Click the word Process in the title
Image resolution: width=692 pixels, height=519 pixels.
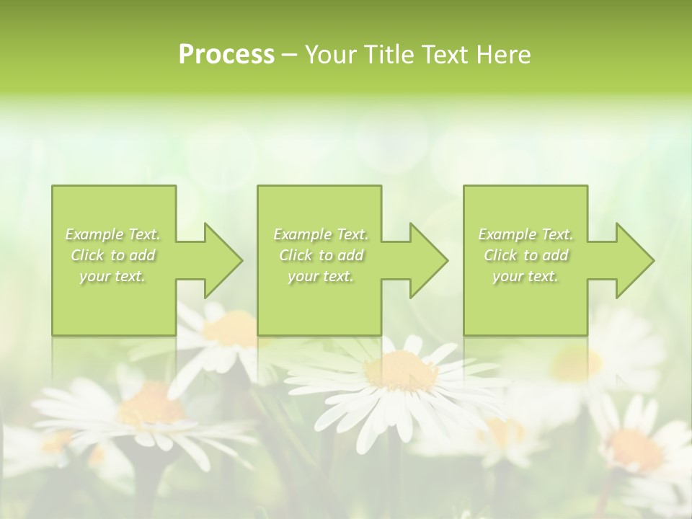(x=226, y=55)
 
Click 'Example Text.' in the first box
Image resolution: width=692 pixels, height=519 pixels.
(x=112, y=234)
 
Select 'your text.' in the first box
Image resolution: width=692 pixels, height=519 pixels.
(x=112, y=276)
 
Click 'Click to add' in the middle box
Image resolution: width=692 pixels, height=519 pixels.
(x=320, y=255)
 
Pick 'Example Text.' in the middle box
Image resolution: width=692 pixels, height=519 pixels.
(x=320, y=234)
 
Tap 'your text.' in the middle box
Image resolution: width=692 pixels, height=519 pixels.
(x=320, y=276)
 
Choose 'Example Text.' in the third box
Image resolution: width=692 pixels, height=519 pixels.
(x=525, y=234)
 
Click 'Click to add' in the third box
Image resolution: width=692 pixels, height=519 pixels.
(x=525, y=255)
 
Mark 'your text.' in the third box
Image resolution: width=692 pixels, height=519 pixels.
(x=525, y=276)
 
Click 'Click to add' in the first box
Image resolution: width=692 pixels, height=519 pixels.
(x=112, y=255)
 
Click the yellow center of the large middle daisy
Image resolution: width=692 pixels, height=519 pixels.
(x=401, y=371)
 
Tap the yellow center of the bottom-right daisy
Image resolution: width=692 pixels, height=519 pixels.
(x=635, y=451)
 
